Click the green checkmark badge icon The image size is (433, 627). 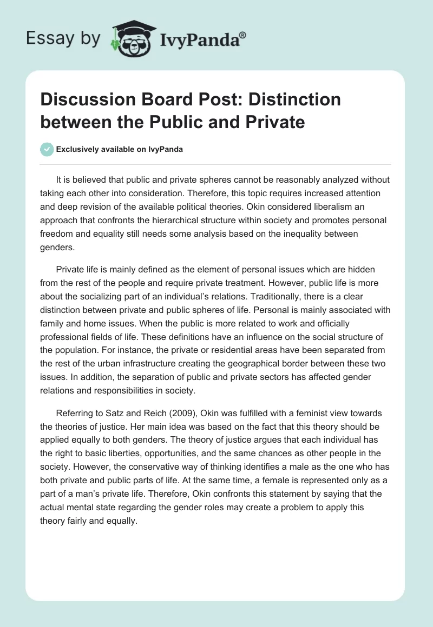48,149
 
